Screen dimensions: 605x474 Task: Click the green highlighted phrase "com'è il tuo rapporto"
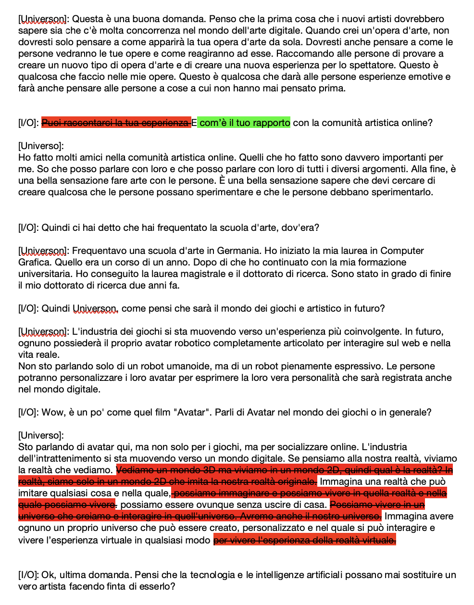245,123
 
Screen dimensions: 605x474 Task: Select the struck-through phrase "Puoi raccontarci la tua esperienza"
115,123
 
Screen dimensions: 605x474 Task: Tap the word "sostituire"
422,575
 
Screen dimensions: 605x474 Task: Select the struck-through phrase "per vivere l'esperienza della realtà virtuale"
305,541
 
